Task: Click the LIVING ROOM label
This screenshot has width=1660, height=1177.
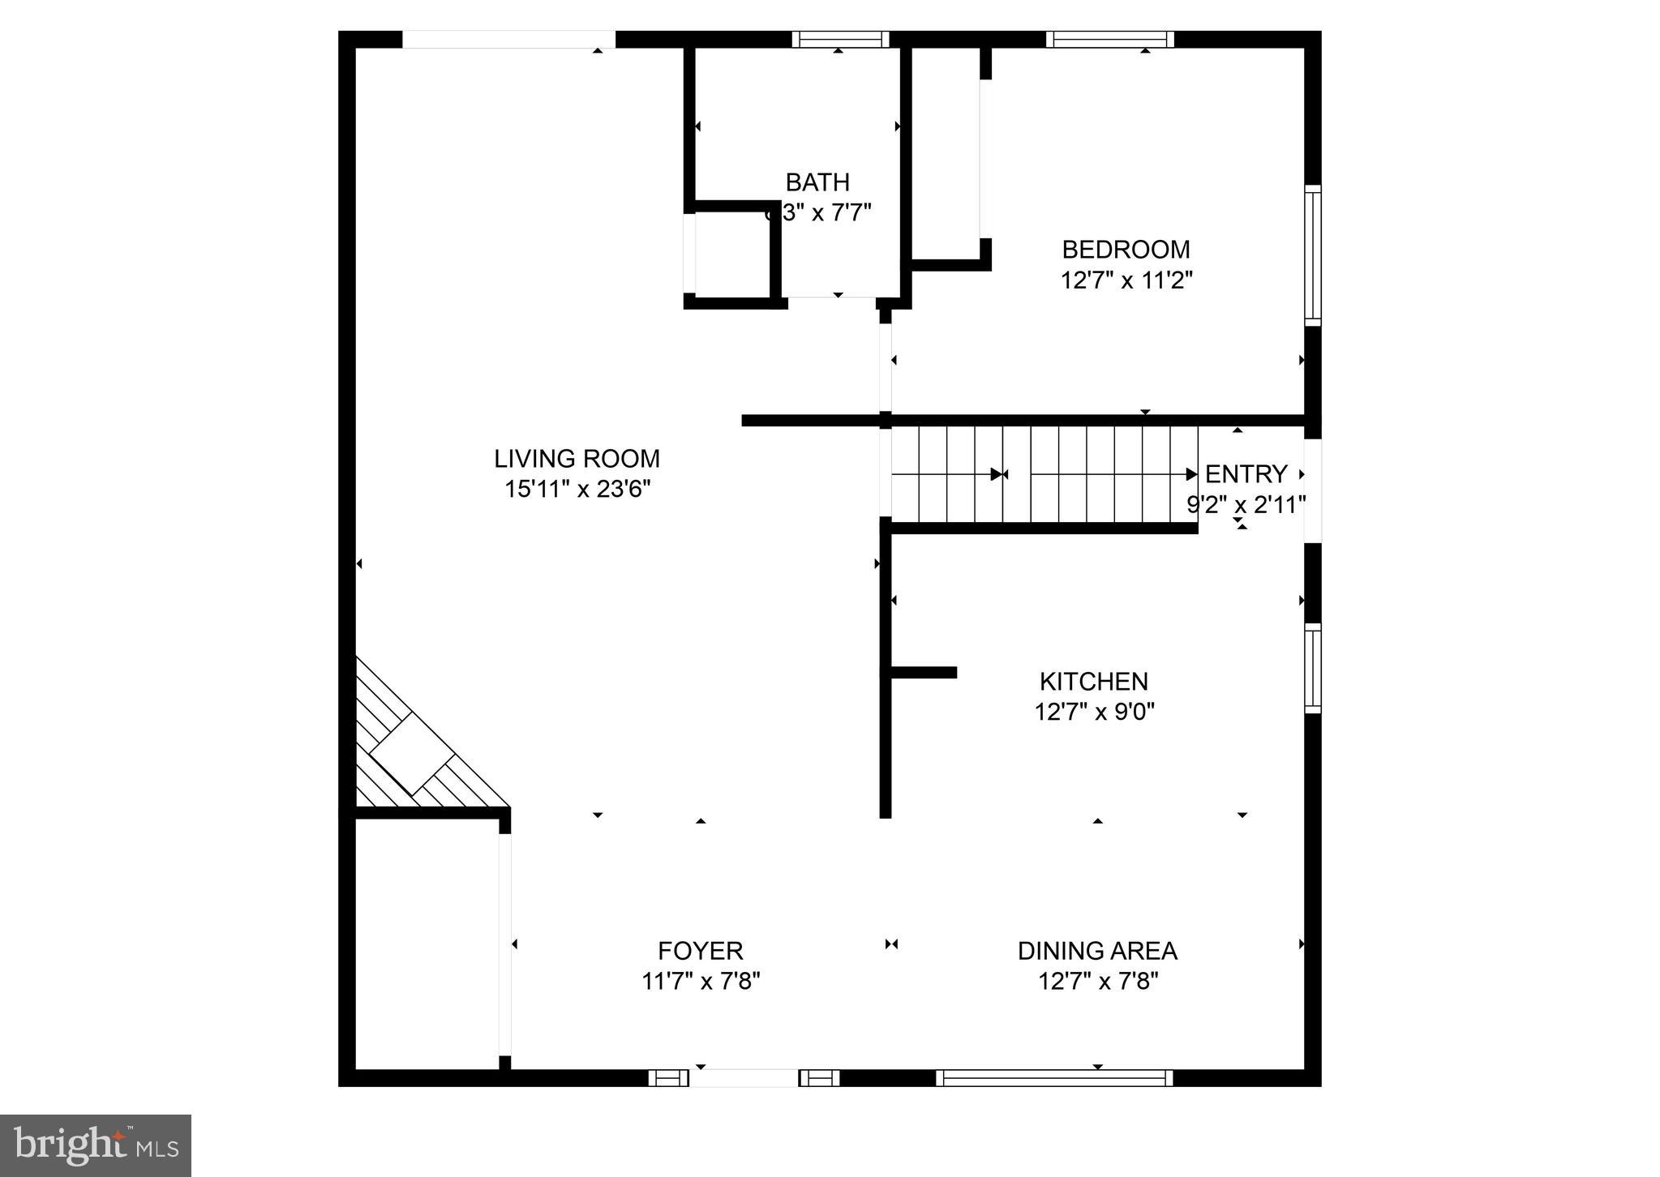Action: pos(577,459)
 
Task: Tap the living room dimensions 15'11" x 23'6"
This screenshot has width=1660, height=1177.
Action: pos(577,490)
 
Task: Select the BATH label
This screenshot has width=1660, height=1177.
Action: pos(817,182)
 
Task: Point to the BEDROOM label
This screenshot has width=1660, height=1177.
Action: pos(1126,249)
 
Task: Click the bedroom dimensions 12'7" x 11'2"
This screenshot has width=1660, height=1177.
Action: pos(1126,280)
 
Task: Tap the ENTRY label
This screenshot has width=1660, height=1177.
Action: pos(1246,473)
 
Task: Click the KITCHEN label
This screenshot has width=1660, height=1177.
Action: pos(1093,681)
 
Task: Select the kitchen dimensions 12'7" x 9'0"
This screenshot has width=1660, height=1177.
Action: pos(1093,712)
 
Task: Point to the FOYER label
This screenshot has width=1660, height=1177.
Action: pos(700,950)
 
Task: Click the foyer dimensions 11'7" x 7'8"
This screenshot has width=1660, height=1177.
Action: pos(700,982)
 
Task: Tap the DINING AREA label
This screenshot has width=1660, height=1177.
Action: pos(1096,950)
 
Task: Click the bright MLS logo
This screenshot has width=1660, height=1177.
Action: pos(96,1145)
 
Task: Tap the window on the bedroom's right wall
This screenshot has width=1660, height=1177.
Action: pos(1312,255)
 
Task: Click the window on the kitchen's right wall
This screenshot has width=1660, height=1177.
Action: pos(1312,668)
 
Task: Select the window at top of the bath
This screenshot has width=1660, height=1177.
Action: pos(840,39)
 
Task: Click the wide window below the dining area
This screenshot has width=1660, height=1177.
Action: pos(1054,1077)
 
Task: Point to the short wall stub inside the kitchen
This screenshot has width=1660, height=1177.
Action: pos(924,672)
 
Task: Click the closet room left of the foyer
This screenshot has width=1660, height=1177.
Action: pos(427,944)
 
